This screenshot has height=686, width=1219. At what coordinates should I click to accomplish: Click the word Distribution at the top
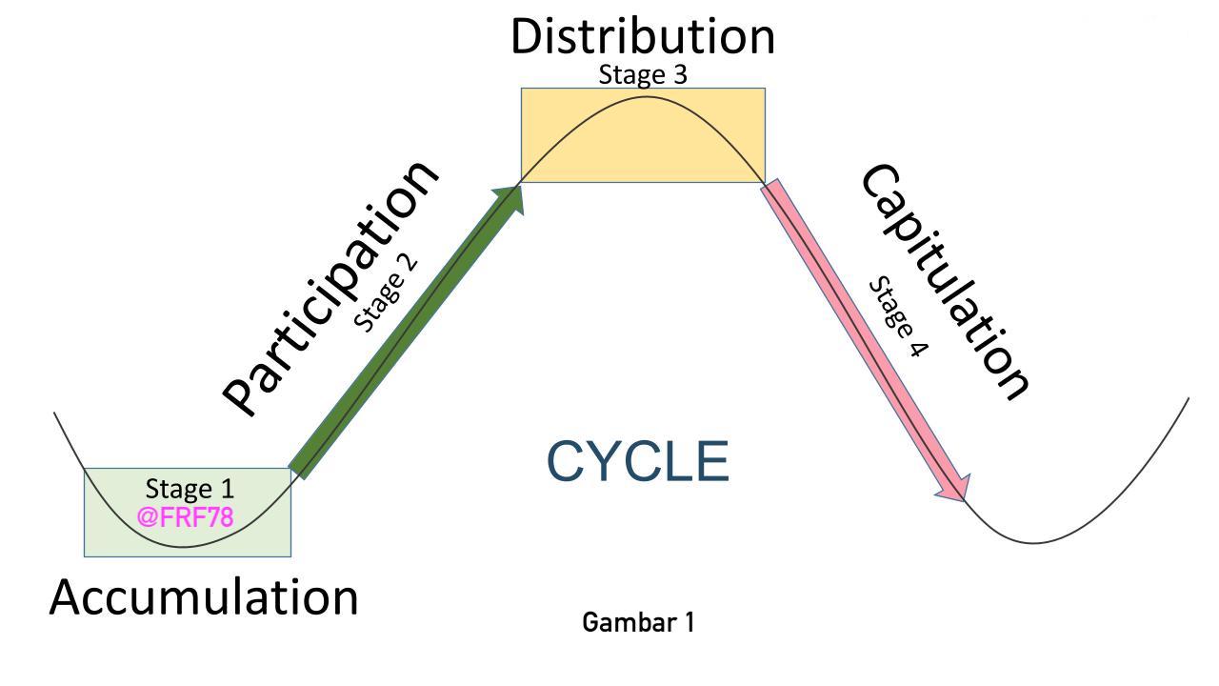(x=643, y=36)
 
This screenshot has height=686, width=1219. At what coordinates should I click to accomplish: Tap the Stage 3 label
(x=643, y=74)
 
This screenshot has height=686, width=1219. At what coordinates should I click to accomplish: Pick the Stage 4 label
(x=897, y=317)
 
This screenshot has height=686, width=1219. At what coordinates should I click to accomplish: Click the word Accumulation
(x=204, y=597)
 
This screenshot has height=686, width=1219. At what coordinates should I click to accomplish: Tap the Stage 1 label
(x=190, y=489)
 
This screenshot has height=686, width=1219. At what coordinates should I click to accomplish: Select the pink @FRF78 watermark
(x=186, y=517)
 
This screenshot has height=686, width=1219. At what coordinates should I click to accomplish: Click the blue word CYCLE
(x=638, y=461)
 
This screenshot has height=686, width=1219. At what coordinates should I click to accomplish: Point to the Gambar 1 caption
(x=638, y=623)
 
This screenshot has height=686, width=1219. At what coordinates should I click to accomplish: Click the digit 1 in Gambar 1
(x=689, y=623)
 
